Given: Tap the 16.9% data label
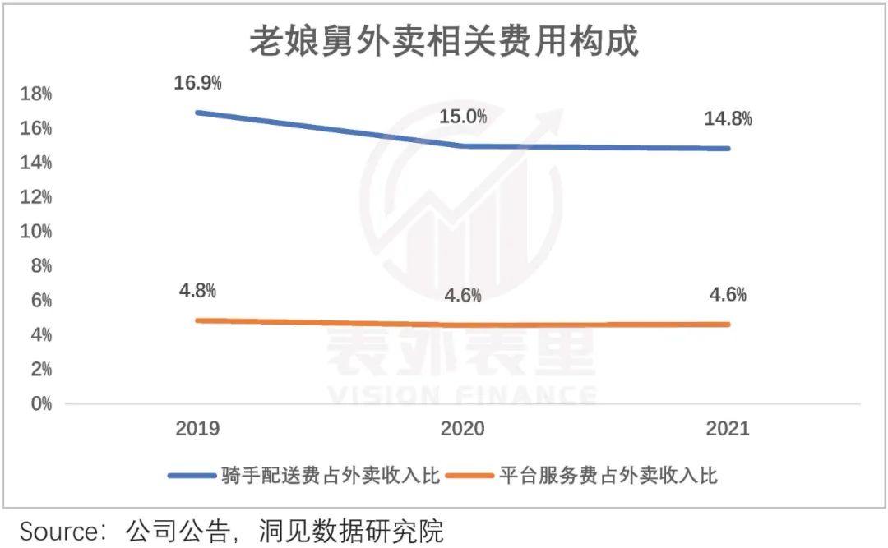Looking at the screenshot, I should coord(197,83).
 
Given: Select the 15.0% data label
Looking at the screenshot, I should coord(463,117).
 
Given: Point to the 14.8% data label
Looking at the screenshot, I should coord(728,119).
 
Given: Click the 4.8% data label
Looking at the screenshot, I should coord(197,291).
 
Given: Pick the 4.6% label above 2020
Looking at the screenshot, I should coord(463,296).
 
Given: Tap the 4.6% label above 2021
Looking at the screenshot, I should coord(728,295).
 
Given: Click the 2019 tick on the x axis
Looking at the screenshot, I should coord(197,429).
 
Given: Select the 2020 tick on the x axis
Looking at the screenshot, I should coord(463,429).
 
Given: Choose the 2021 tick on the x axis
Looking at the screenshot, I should coord(728,429).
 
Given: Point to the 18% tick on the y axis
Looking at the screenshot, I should coord(36,94).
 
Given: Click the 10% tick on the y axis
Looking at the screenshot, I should coord(36,232).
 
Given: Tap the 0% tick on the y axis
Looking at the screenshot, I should coord(40,403).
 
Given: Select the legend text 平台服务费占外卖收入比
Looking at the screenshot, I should coord(608,475).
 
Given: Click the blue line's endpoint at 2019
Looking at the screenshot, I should coord(198,112).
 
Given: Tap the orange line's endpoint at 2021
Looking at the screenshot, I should coord(728,325).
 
